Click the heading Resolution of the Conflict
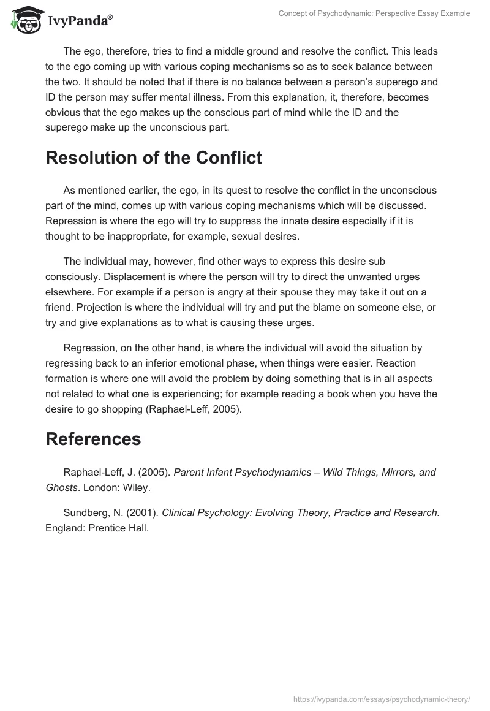pos(154,158)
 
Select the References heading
pos(93,439)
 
